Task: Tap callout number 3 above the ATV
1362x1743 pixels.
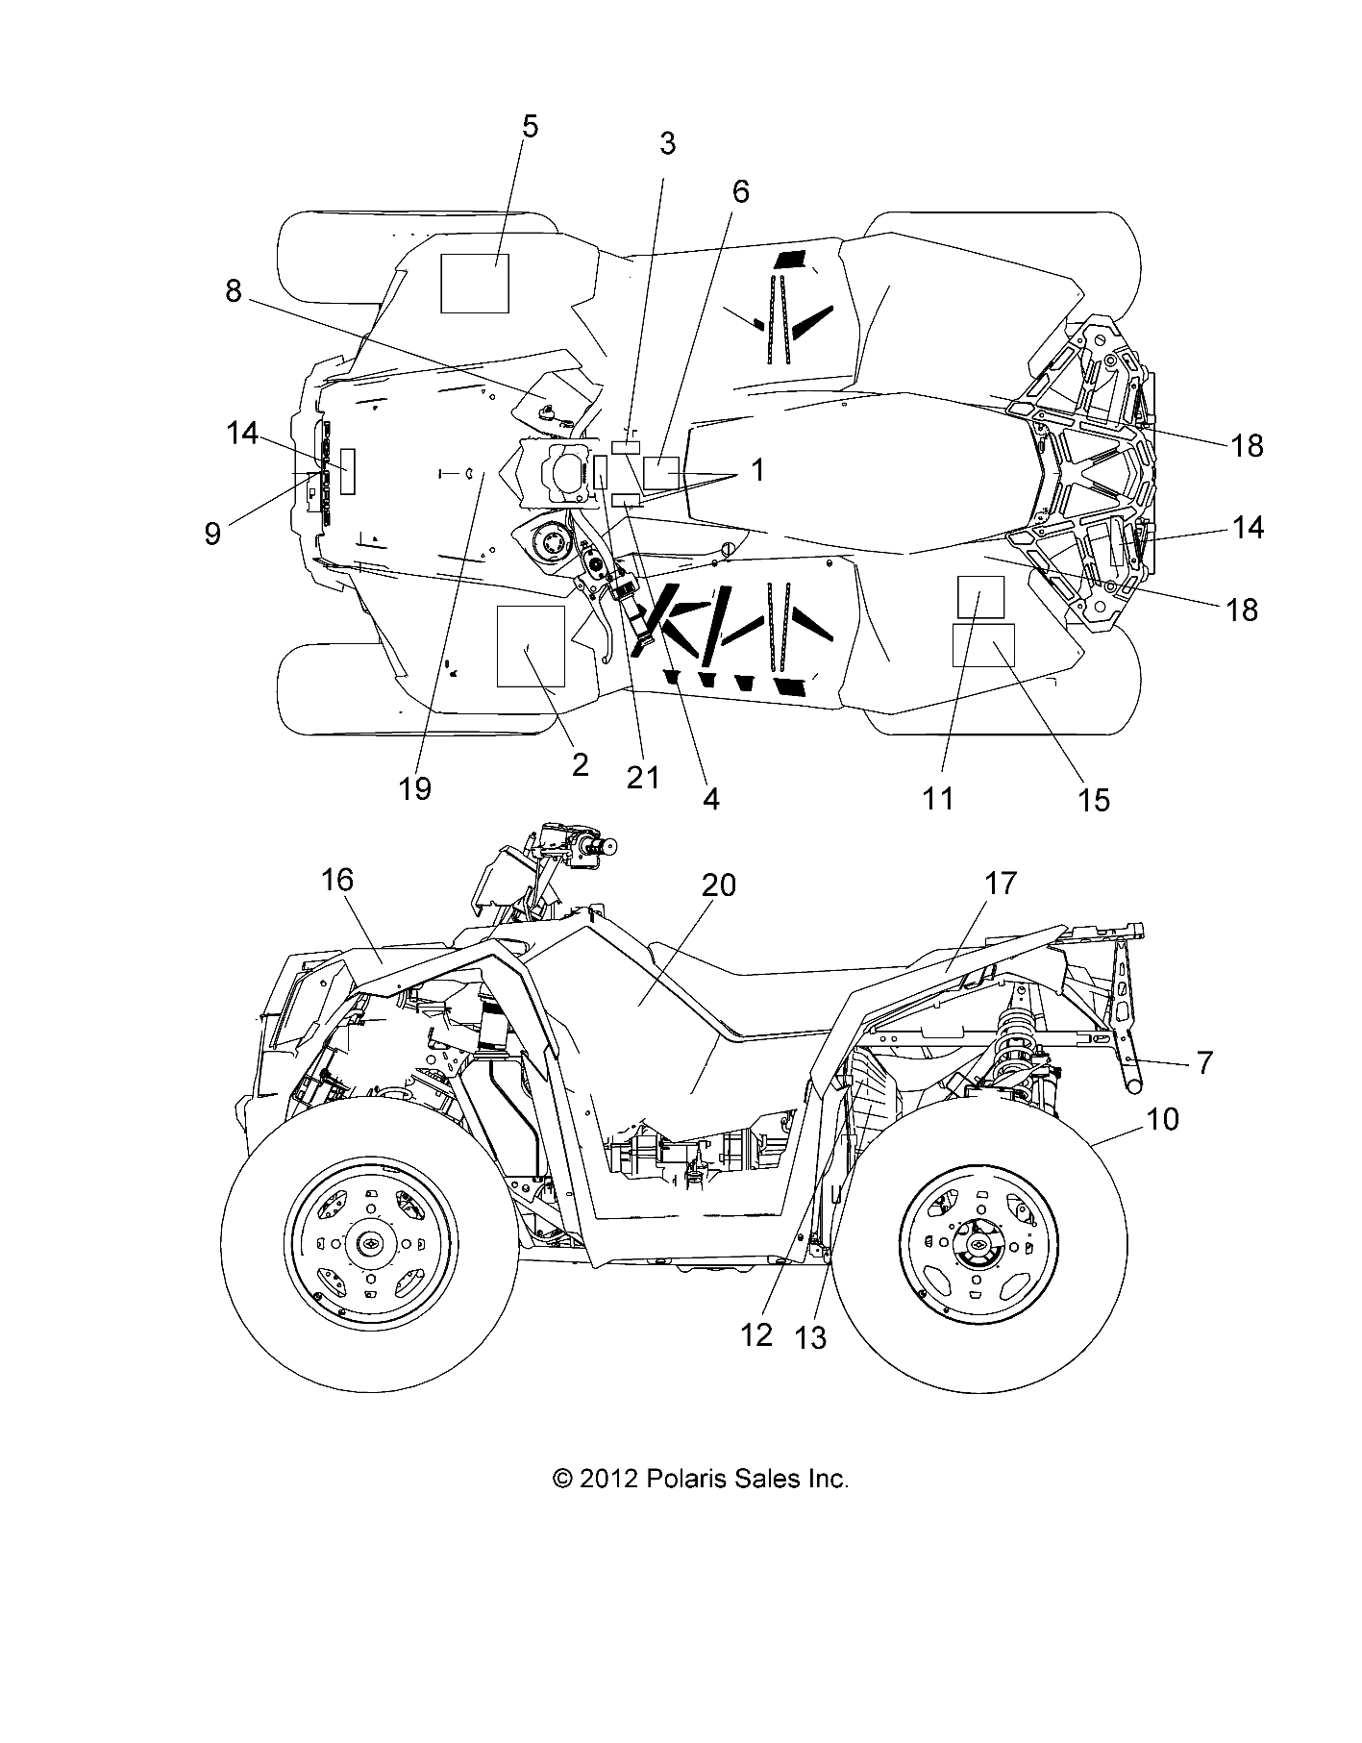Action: click(x=667, y=144)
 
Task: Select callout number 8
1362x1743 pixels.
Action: click(x=234, y=291)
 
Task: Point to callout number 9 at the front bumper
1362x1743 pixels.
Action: click(x=212, y=534)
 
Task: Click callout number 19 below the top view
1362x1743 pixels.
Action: click(x=415, y=788)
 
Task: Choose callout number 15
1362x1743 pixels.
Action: click(x=1095, y=799)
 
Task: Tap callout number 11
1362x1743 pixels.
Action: click(x=938, y=797)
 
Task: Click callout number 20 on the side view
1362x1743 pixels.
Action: click(x=718, y=884)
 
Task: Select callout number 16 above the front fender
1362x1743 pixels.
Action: click(x=337, y=880)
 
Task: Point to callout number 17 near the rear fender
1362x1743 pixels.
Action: click(x=1001, y=883)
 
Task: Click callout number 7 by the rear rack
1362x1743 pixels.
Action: click(x=1204, y=1062)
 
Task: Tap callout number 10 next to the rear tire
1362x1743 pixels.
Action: click(x=1162, y=1119)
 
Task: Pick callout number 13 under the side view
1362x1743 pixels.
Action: click(x=811, y=1337)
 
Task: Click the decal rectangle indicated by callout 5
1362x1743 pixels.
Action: click(x=475, y=284)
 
